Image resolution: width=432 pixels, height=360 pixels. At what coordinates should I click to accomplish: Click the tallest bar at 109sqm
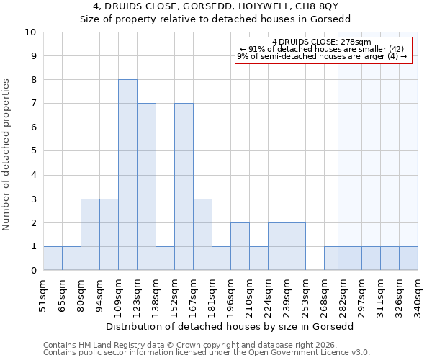pos(127,175)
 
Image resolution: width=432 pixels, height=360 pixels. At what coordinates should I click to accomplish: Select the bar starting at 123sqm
pos(146,186)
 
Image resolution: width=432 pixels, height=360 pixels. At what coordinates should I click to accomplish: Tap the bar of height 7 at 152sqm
pos(184,186)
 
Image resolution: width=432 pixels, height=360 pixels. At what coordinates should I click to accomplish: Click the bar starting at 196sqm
pos(240,246)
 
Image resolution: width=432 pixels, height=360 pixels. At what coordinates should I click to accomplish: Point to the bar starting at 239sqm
pos(296,246)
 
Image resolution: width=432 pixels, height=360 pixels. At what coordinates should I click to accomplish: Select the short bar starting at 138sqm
pos(165,258)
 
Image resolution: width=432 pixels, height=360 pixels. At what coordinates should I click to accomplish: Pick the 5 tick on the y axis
pos(33,151)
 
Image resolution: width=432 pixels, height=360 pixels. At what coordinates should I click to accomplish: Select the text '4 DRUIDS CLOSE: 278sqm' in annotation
pos(322,42)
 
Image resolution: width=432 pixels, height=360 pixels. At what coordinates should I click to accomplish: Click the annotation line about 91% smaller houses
pos(322,49)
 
